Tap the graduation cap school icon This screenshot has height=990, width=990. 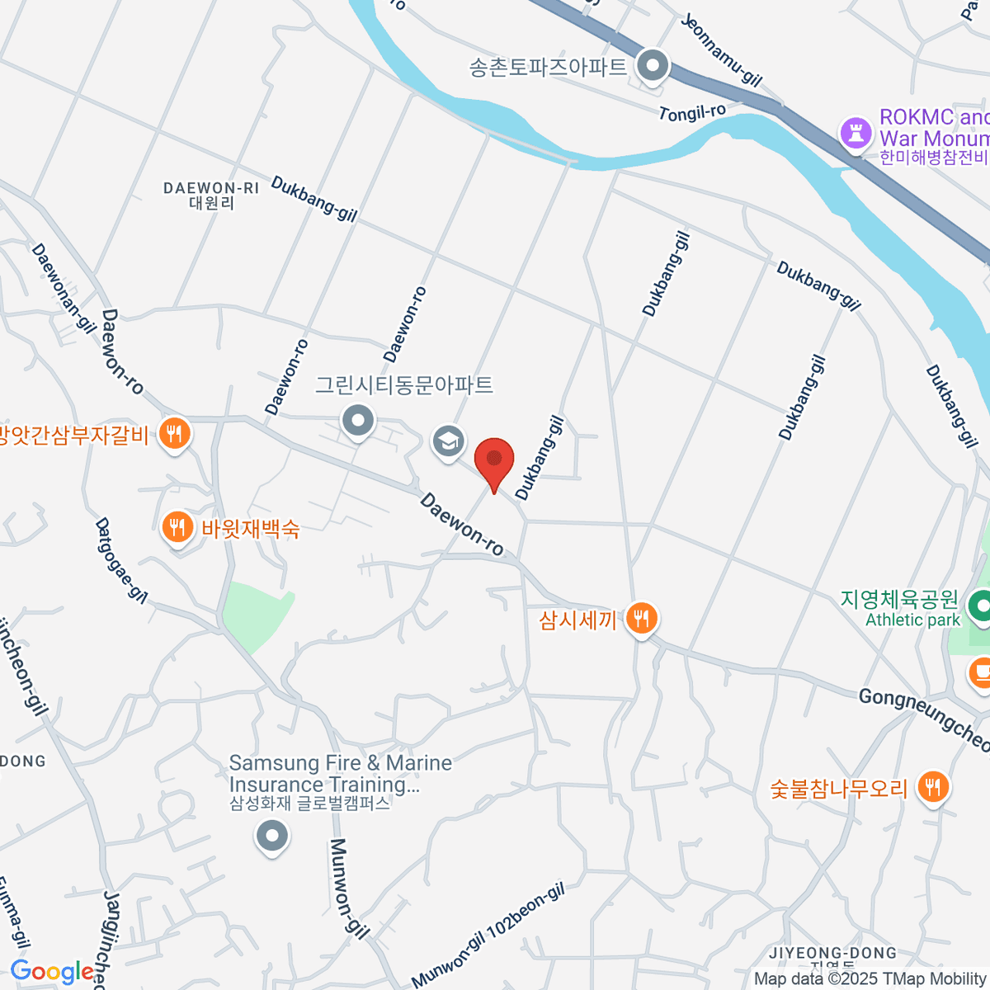tap(448, 441)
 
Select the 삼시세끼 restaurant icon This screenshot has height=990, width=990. tap(641, 618)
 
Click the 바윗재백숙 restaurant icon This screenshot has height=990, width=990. tap(177, 526)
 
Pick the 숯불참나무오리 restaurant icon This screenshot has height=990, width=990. tap(932, 787)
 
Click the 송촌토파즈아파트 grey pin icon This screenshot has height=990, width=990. tap(653, 66)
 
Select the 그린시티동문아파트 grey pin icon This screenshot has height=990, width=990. tap(358, 422)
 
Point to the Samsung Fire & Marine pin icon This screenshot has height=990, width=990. tap(271, 837)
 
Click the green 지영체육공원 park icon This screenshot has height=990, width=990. tap(981, 608)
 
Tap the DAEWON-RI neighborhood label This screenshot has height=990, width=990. tap(211, 195)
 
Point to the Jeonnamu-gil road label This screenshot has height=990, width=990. tap(722, 49)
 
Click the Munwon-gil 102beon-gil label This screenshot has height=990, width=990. tap(488, 935)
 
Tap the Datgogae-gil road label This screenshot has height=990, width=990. tap(120, 561)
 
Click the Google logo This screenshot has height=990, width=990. tap(51, 972)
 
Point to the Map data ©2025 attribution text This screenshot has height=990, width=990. tap(870, 979)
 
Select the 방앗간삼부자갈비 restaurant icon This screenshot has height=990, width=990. tap(173, 433)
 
